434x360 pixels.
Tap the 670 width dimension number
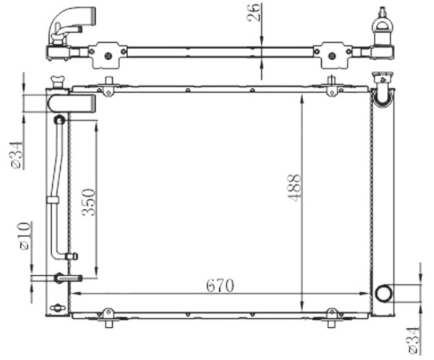219,286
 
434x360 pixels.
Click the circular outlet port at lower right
383,293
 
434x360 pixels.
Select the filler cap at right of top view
381,25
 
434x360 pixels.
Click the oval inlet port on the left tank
72,103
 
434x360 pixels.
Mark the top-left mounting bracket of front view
108,87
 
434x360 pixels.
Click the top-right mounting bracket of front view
332,87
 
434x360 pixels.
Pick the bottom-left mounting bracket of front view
108,316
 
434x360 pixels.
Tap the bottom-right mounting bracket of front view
332,316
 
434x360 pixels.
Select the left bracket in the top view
108,52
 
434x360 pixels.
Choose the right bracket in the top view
333,52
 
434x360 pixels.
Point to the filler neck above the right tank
381,81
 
